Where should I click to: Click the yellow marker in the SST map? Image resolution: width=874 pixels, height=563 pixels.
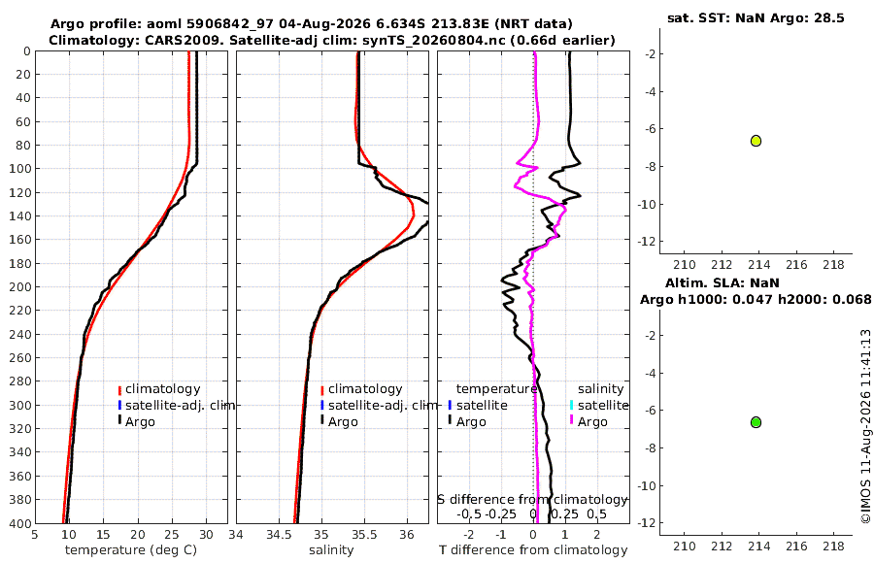coord(756,141)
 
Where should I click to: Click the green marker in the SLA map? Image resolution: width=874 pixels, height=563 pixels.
coord(756,422)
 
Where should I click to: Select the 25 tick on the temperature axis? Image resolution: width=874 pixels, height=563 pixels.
coord(172,534)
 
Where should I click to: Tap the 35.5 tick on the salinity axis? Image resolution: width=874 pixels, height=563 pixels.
coord(364,534)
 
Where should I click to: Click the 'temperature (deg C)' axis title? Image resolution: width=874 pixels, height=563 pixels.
coord(131,550)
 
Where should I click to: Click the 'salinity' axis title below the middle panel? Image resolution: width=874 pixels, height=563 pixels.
coord(331,550)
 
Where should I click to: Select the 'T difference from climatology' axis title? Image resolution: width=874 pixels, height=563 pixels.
coord(533,550)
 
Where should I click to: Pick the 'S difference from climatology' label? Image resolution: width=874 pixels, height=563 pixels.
coord(533,499)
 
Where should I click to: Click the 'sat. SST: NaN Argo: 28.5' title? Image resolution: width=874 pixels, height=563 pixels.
coord(756,17)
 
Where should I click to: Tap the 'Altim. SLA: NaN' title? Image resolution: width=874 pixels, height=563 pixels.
coord(722,283)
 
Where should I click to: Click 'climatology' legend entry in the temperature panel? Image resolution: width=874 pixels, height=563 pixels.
coord(162,389)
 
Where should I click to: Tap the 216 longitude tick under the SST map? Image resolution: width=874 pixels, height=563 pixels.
coord(796,265)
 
